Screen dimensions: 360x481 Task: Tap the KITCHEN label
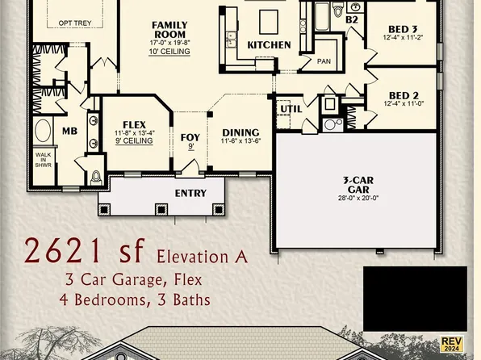(269, 44)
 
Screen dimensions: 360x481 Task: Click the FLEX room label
(134, 124)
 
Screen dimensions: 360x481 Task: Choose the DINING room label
(240, 133)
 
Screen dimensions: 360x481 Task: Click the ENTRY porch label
(190, 194)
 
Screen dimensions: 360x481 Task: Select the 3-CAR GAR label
(357, 185)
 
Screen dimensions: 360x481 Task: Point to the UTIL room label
(290, 109)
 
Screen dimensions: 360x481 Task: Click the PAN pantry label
(324, 61)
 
